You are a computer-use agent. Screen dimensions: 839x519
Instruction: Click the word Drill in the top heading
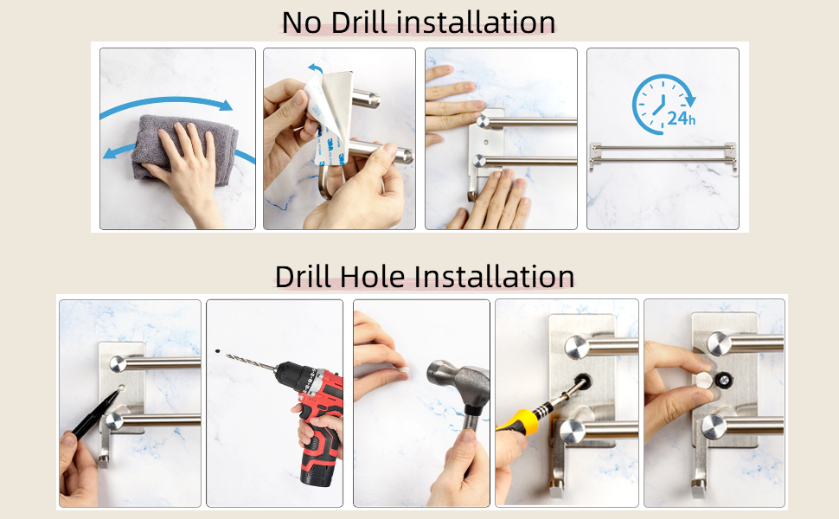point(358,22)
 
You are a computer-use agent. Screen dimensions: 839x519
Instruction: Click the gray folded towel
point(185,146)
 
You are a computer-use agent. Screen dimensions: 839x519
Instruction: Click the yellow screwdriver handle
point(517,420)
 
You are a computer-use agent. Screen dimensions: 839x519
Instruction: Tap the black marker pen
point(96,413)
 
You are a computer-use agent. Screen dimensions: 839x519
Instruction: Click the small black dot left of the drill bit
point(217,351)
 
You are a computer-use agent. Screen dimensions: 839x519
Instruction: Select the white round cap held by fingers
point(703,381)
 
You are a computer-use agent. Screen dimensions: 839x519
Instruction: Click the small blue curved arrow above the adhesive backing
point(317,69)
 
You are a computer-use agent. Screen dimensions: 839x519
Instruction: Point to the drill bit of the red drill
point(252,362)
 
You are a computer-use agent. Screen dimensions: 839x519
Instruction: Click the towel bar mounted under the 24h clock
point(663,154)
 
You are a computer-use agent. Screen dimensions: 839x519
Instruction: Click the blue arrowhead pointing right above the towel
point(226,105)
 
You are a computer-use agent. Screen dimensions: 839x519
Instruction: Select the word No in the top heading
point(302,22)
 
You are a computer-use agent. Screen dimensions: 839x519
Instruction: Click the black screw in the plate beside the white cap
point(723,381)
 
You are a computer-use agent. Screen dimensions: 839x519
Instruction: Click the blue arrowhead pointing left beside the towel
point(110,154)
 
